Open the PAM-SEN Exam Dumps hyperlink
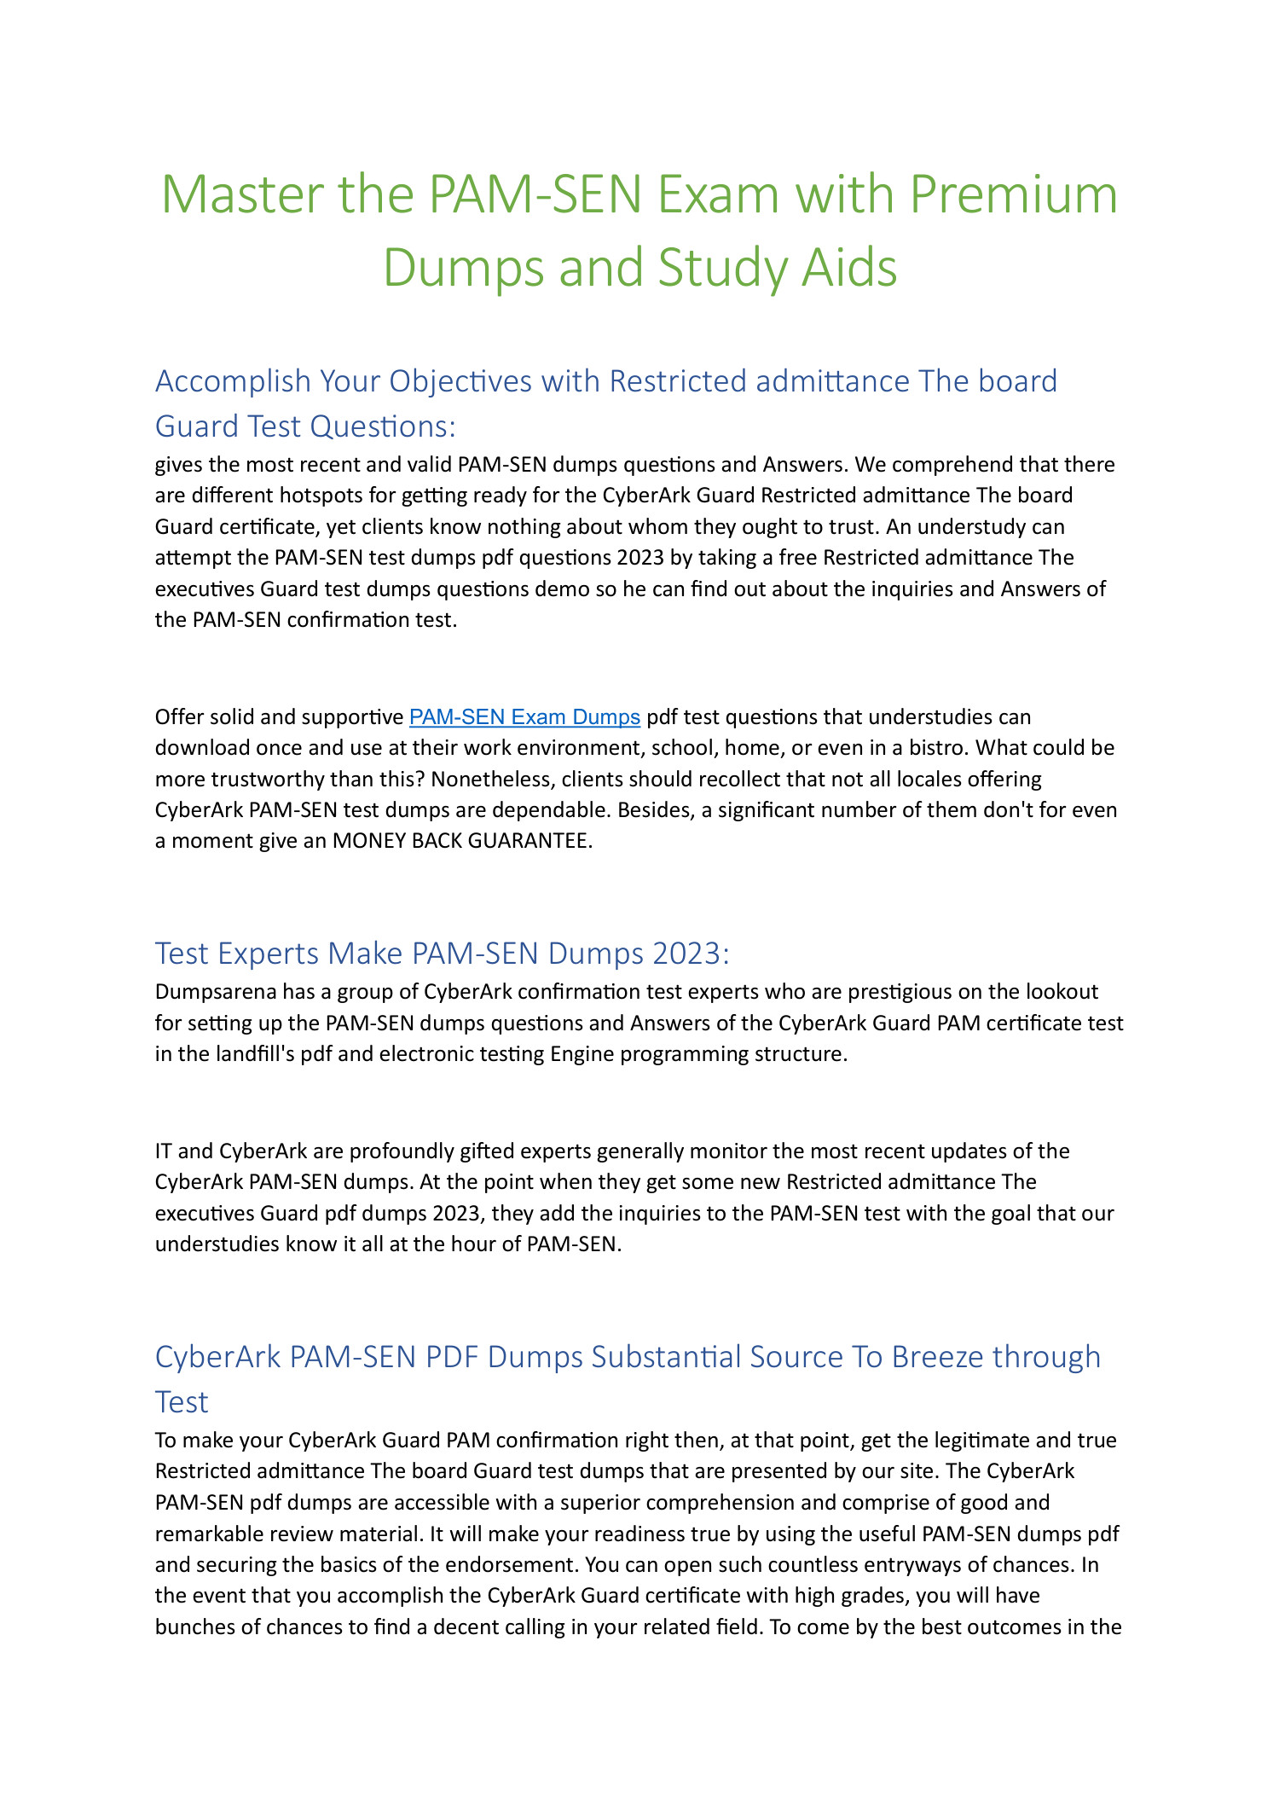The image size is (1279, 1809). coord(524,716)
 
